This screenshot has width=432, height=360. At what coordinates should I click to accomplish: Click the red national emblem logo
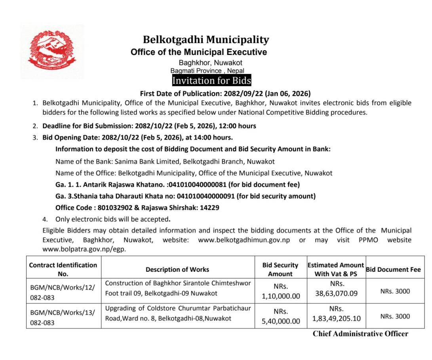pos(53,51)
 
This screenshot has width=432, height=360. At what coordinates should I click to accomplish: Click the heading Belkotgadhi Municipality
pos(206,40)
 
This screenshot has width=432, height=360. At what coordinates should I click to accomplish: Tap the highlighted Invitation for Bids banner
pos(211,81)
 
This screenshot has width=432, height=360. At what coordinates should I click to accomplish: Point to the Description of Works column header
pos(177,269)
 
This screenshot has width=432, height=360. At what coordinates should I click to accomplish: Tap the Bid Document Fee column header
pos(393,269)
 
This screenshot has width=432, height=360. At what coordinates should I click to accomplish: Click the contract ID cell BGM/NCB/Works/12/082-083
pos(63,292)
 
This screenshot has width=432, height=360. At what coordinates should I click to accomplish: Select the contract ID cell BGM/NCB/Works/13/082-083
pos(63,317)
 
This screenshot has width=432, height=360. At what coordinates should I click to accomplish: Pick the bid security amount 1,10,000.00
pos(281,296)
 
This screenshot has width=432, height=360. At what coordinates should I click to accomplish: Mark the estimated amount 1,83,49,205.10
pos(336,318)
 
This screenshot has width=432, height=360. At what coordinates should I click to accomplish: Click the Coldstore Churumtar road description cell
pos(178,313)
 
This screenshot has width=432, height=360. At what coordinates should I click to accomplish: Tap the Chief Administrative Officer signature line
pos(360,333)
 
